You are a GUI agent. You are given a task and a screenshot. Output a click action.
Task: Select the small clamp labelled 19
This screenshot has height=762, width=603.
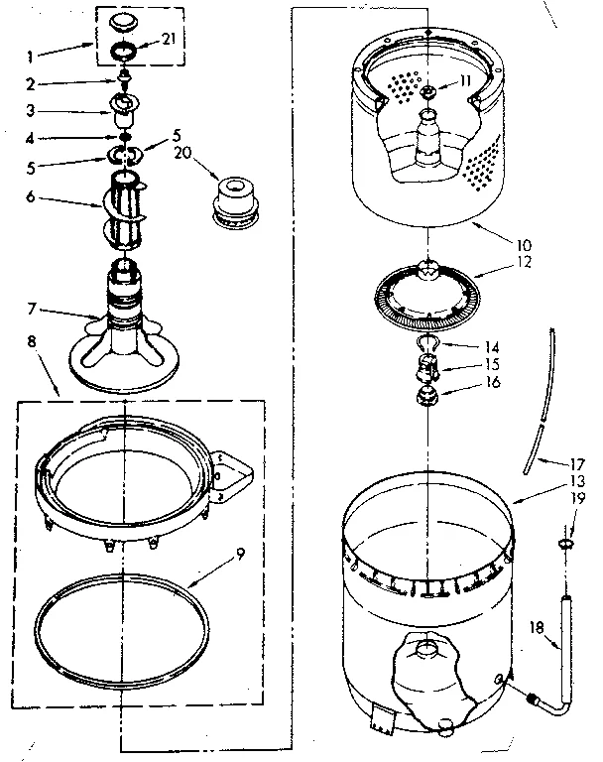coord(566,545)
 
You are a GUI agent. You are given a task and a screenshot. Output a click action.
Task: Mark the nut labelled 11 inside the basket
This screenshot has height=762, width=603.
coord(426,90)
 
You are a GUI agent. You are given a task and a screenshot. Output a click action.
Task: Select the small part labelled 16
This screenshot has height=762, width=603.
coord(427,399)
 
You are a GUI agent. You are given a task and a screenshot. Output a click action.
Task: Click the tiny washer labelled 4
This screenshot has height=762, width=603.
coord(126,136)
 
